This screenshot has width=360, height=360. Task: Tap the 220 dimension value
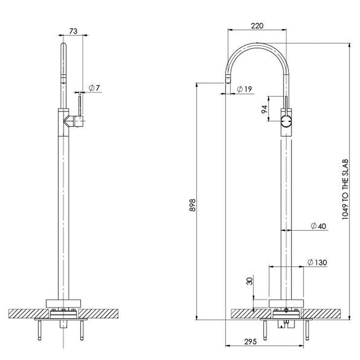[x=256, y=26]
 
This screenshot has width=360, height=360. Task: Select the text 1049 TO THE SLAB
[x=345, y=189]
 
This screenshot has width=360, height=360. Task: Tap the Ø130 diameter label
[x=317, y=262]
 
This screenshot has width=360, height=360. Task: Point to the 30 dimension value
[x=249, y=282]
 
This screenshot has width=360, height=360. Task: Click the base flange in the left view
[x=63, y=303]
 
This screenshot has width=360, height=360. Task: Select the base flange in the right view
[x=286, y=303]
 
